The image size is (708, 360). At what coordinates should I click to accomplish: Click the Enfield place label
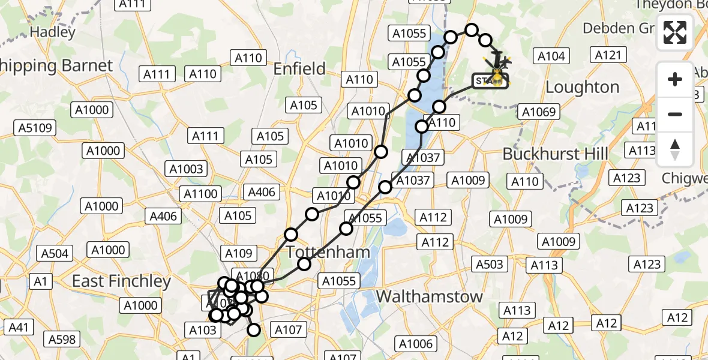[299, 69]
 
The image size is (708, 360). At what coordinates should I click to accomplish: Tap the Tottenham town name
[328, 252]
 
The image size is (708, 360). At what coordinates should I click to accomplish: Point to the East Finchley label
[122, 281]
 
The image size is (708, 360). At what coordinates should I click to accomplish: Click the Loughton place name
[582, 88]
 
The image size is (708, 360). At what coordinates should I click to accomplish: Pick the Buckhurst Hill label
[555, 154]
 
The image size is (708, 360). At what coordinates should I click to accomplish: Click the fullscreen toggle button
[675, 33]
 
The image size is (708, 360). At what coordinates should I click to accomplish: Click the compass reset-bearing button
[675, 149]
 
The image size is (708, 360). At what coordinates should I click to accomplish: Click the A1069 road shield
[540, 112]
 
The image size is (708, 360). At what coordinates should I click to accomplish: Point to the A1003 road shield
[188, 169]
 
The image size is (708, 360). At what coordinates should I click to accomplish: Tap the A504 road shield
[55, 254]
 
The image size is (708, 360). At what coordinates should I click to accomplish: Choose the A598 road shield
[62, 340]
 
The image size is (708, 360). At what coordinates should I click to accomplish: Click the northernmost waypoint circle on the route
[472, 30]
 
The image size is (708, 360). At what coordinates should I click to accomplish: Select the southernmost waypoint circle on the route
[254, 329]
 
